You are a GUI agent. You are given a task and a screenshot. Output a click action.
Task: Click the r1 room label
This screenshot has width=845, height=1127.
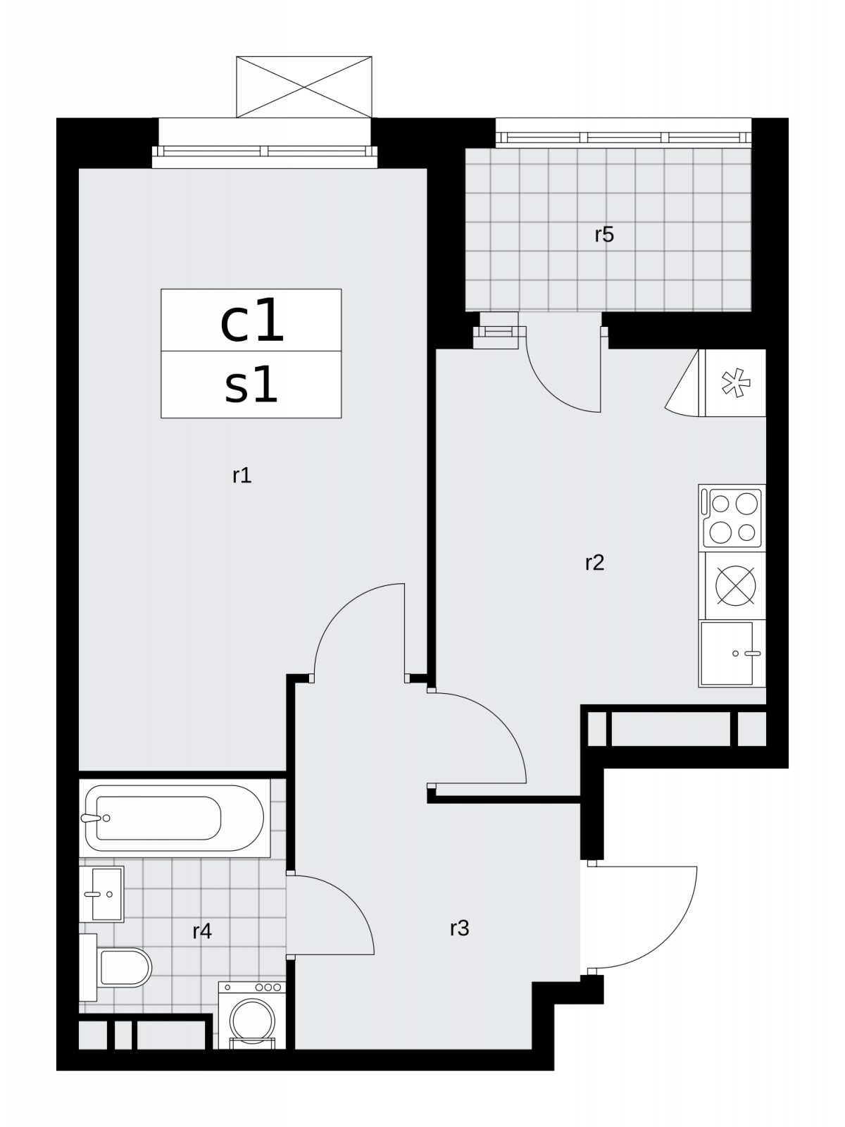pyautogui.click(x=242, y=476)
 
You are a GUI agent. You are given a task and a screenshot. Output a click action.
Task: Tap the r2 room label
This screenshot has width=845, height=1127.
pyautogui.click(x=594, y=563)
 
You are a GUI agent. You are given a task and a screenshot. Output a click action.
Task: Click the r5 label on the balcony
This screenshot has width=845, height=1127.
pyautogui.click(x=604, y=235)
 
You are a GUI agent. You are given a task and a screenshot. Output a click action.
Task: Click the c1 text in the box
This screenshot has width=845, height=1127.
pyautogui.click(x=251, y=321)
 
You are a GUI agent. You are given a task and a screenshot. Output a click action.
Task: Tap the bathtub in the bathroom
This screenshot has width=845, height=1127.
pyautogui.click(x=175, y=818)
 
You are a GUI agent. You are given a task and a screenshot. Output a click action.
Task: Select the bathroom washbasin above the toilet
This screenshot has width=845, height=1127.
pyautogui.click(x=101, y=894)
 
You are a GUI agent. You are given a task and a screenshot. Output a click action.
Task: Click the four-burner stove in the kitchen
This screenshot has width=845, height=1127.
pyautogui.click(x=732, y=518)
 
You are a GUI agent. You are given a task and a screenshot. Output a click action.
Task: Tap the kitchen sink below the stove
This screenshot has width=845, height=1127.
pyautogui.click(x=732, y=654)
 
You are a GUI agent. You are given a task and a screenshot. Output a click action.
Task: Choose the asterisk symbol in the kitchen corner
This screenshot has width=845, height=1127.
pyautogui.click(x=736, y=382)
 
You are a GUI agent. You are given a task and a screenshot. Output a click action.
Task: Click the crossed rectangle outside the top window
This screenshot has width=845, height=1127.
pyautogui.click(x=303, y=87)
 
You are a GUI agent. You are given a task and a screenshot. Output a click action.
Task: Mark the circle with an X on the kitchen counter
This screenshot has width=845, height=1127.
pyautogui.click(x=736, y=586)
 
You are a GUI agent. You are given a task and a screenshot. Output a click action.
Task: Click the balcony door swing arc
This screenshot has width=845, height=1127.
pyautogui.click(x=549, y=391)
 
